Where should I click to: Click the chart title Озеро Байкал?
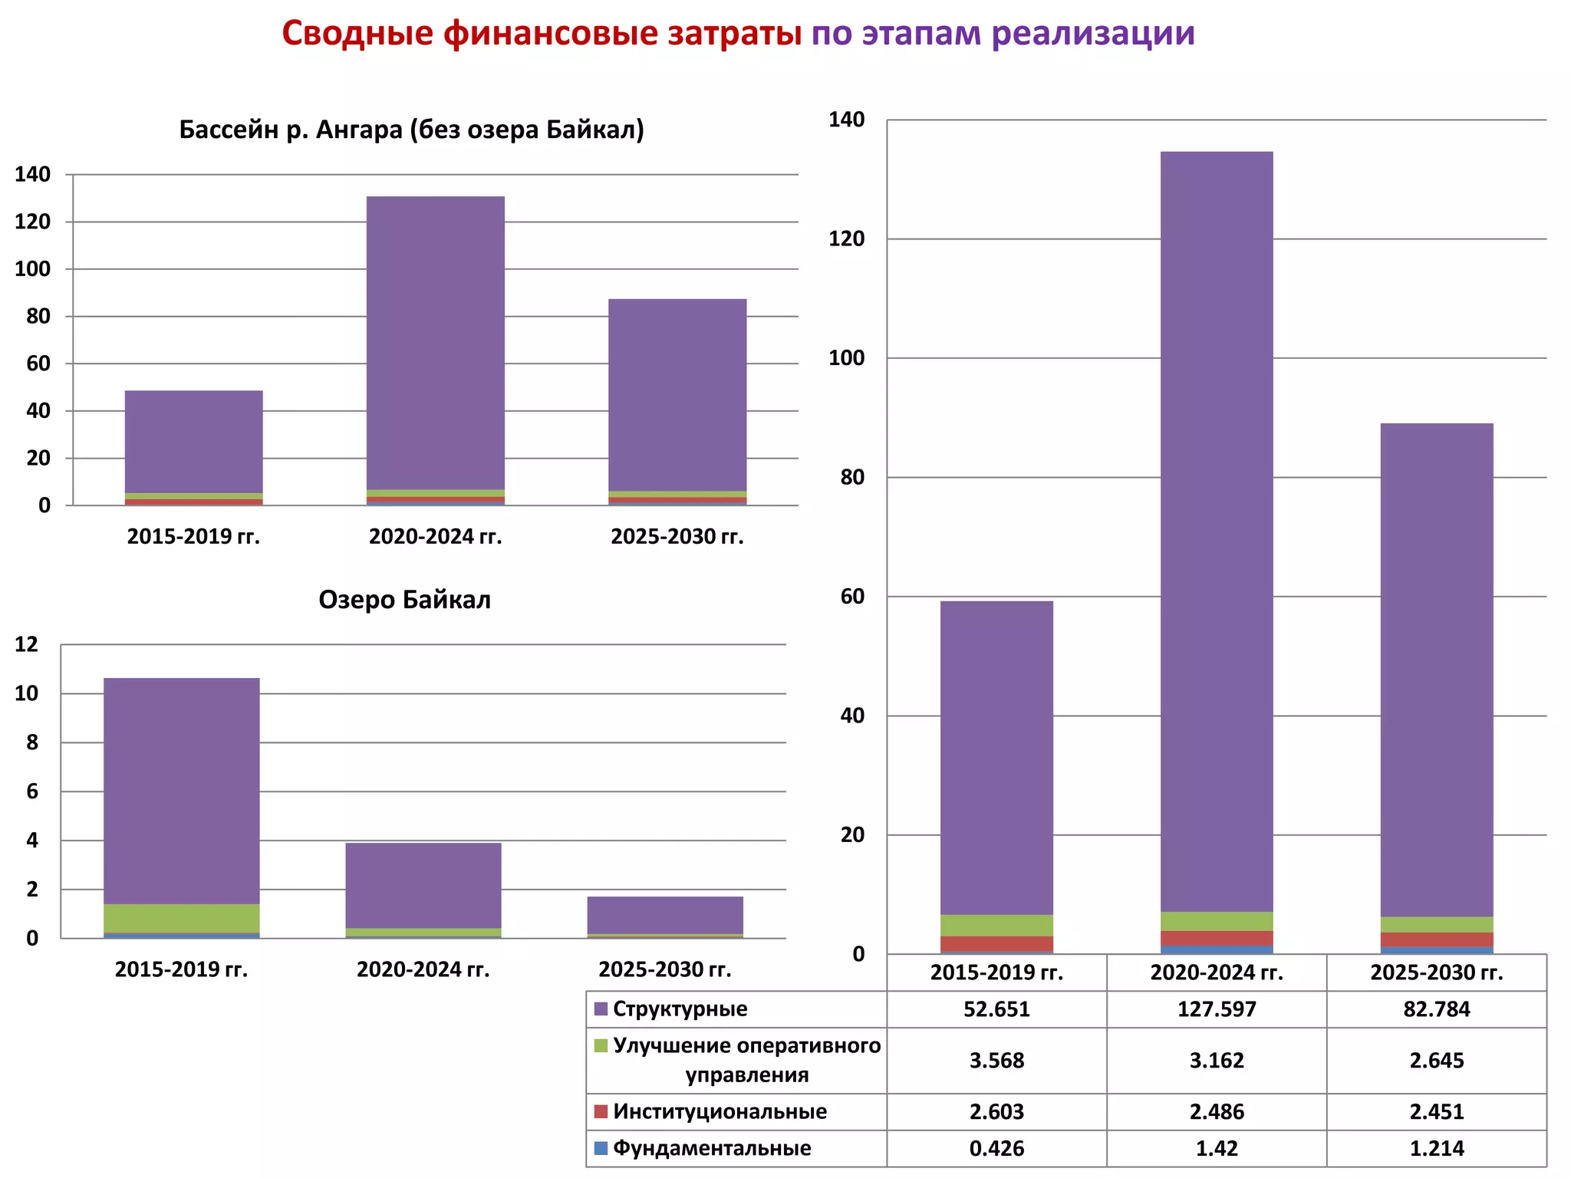tap(404, 600)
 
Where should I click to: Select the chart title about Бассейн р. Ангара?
tap(411, 130)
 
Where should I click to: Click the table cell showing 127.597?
tap(1217, 1009)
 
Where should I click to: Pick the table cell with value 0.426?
tap(996, 1149)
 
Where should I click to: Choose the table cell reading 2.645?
tap(1437, 1061)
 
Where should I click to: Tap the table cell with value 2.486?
tap(1217, 1112)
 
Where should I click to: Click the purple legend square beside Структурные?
tap(601, 1009)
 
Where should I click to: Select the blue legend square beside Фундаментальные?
tap(601, 1149)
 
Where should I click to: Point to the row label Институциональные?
tap(720, 1112)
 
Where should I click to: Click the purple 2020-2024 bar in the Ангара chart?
tap(436, 341)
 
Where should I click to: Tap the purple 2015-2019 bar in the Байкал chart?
tap(182, 790)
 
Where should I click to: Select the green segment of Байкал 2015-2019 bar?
tap(182, 918)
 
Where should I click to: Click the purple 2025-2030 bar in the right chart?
tap(1437, 667)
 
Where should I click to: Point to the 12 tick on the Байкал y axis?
tap(27, 644)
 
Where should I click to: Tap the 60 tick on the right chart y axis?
tap(852, 597)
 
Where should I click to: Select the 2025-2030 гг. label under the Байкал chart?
tap(665, 970)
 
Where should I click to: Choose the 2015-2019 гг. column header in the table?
tap(996, 973)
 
